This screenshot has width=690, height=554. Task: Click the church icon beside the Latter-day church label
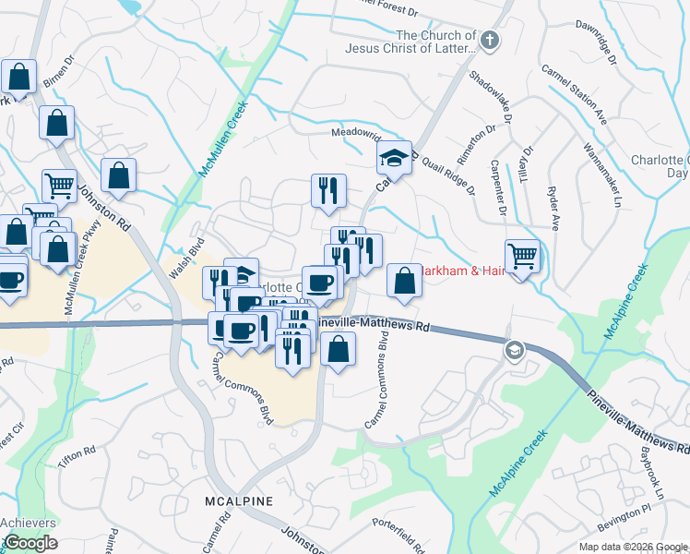pos(489,41)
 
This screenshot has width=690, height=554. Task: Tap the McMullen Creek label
pos(224,138)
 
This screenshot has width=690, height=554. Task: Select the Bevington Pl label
pos(624,525)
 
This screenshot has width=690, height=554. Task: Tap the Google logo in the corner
pos(30,543)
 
